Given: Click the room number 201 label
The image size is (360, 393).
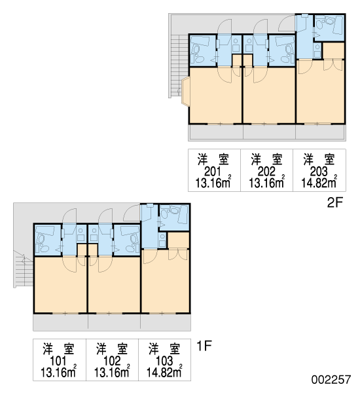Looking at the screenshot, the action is (x=213, y=172).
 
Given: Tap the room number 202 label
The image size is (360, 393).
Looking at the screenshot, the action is (x=266, y=172).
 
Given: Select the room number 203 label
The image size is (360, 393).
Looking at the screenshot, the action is (x=319, y=172).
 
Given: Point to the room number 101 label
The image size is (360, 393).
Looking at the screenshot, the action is (x=58, y=361).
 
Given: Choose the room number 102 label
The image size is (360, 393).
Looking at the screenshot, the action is (x=112, y=361).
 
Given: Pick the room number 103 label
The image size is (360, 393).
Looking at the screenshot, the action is (x=164, y=361).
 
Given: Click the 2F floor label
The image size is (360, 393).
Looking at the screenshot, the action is (x=334, y=202).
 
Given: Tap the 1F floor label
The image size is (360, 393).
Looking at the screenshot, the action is (x=204, y=346).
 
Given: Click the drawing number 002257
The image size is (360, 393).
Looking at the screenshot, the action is (x=331, y=379).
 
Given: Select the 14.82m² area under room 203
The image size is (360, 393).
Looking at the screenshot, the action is (x=319, y=183).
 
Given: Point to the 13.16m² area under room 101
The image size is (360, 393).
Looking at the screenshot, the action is (x=58, y=373).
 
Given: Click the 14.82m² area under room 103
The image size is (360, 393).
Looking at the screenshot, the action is (x=164, y=373).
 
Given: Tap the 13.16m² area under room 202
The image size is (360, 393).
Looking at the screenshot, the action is (x=266, y=183).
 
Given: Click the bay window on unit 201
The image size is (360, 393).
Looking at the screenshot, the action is (x=186, y=92).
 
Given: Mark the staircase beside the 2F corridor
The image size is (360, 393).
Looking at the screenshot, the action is (x=179, y=66).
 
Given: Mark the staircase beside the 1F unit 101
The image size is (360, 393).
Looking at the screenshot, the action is (x=24, y=269).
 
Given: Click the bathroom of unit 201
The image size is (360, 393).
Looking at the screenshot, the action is (x=203, y=50).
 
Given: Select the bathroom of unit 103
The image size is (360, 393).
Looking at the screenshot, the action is (x=174, y=217).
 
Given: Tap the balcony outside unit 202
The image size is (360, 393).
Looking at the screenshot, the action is (x=269, y=132).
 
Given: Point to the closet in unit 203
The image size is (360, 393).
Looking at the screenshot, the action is (x=333, y=51).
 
